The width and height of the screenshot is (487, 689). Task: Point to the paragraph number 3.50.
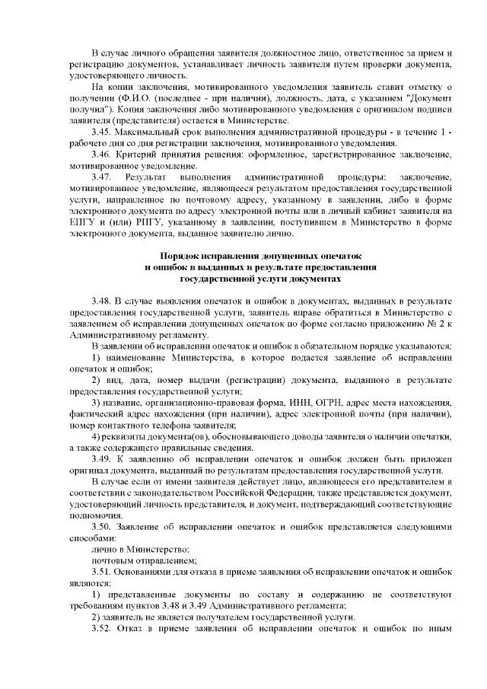pyautogui.click(x=101, y=527)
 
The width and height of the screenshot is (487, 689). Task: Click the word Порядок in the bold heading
pyautogui.click(x=183, y=257)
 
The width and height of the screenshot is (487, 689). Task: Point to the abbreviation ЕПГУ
pyautogui.click(x=80, y=222)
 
